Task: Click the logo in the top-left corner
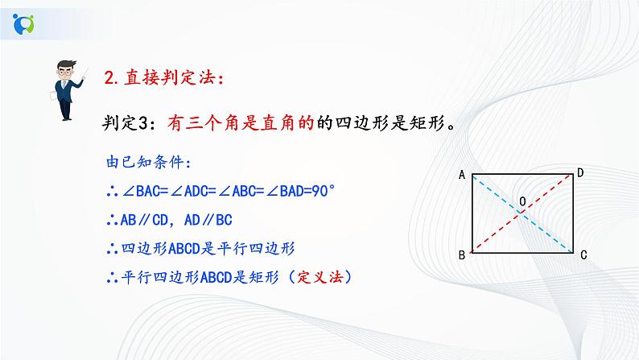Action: (25, 24)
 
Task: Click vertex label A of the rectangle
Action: (463, 174)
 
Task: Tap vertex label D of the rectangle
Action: (580, 172)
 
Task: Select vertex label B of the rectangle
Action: (463, 255)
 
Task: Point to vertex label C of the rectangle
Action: (581, 255)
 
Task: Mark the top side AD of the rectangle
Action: (522, 176)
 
